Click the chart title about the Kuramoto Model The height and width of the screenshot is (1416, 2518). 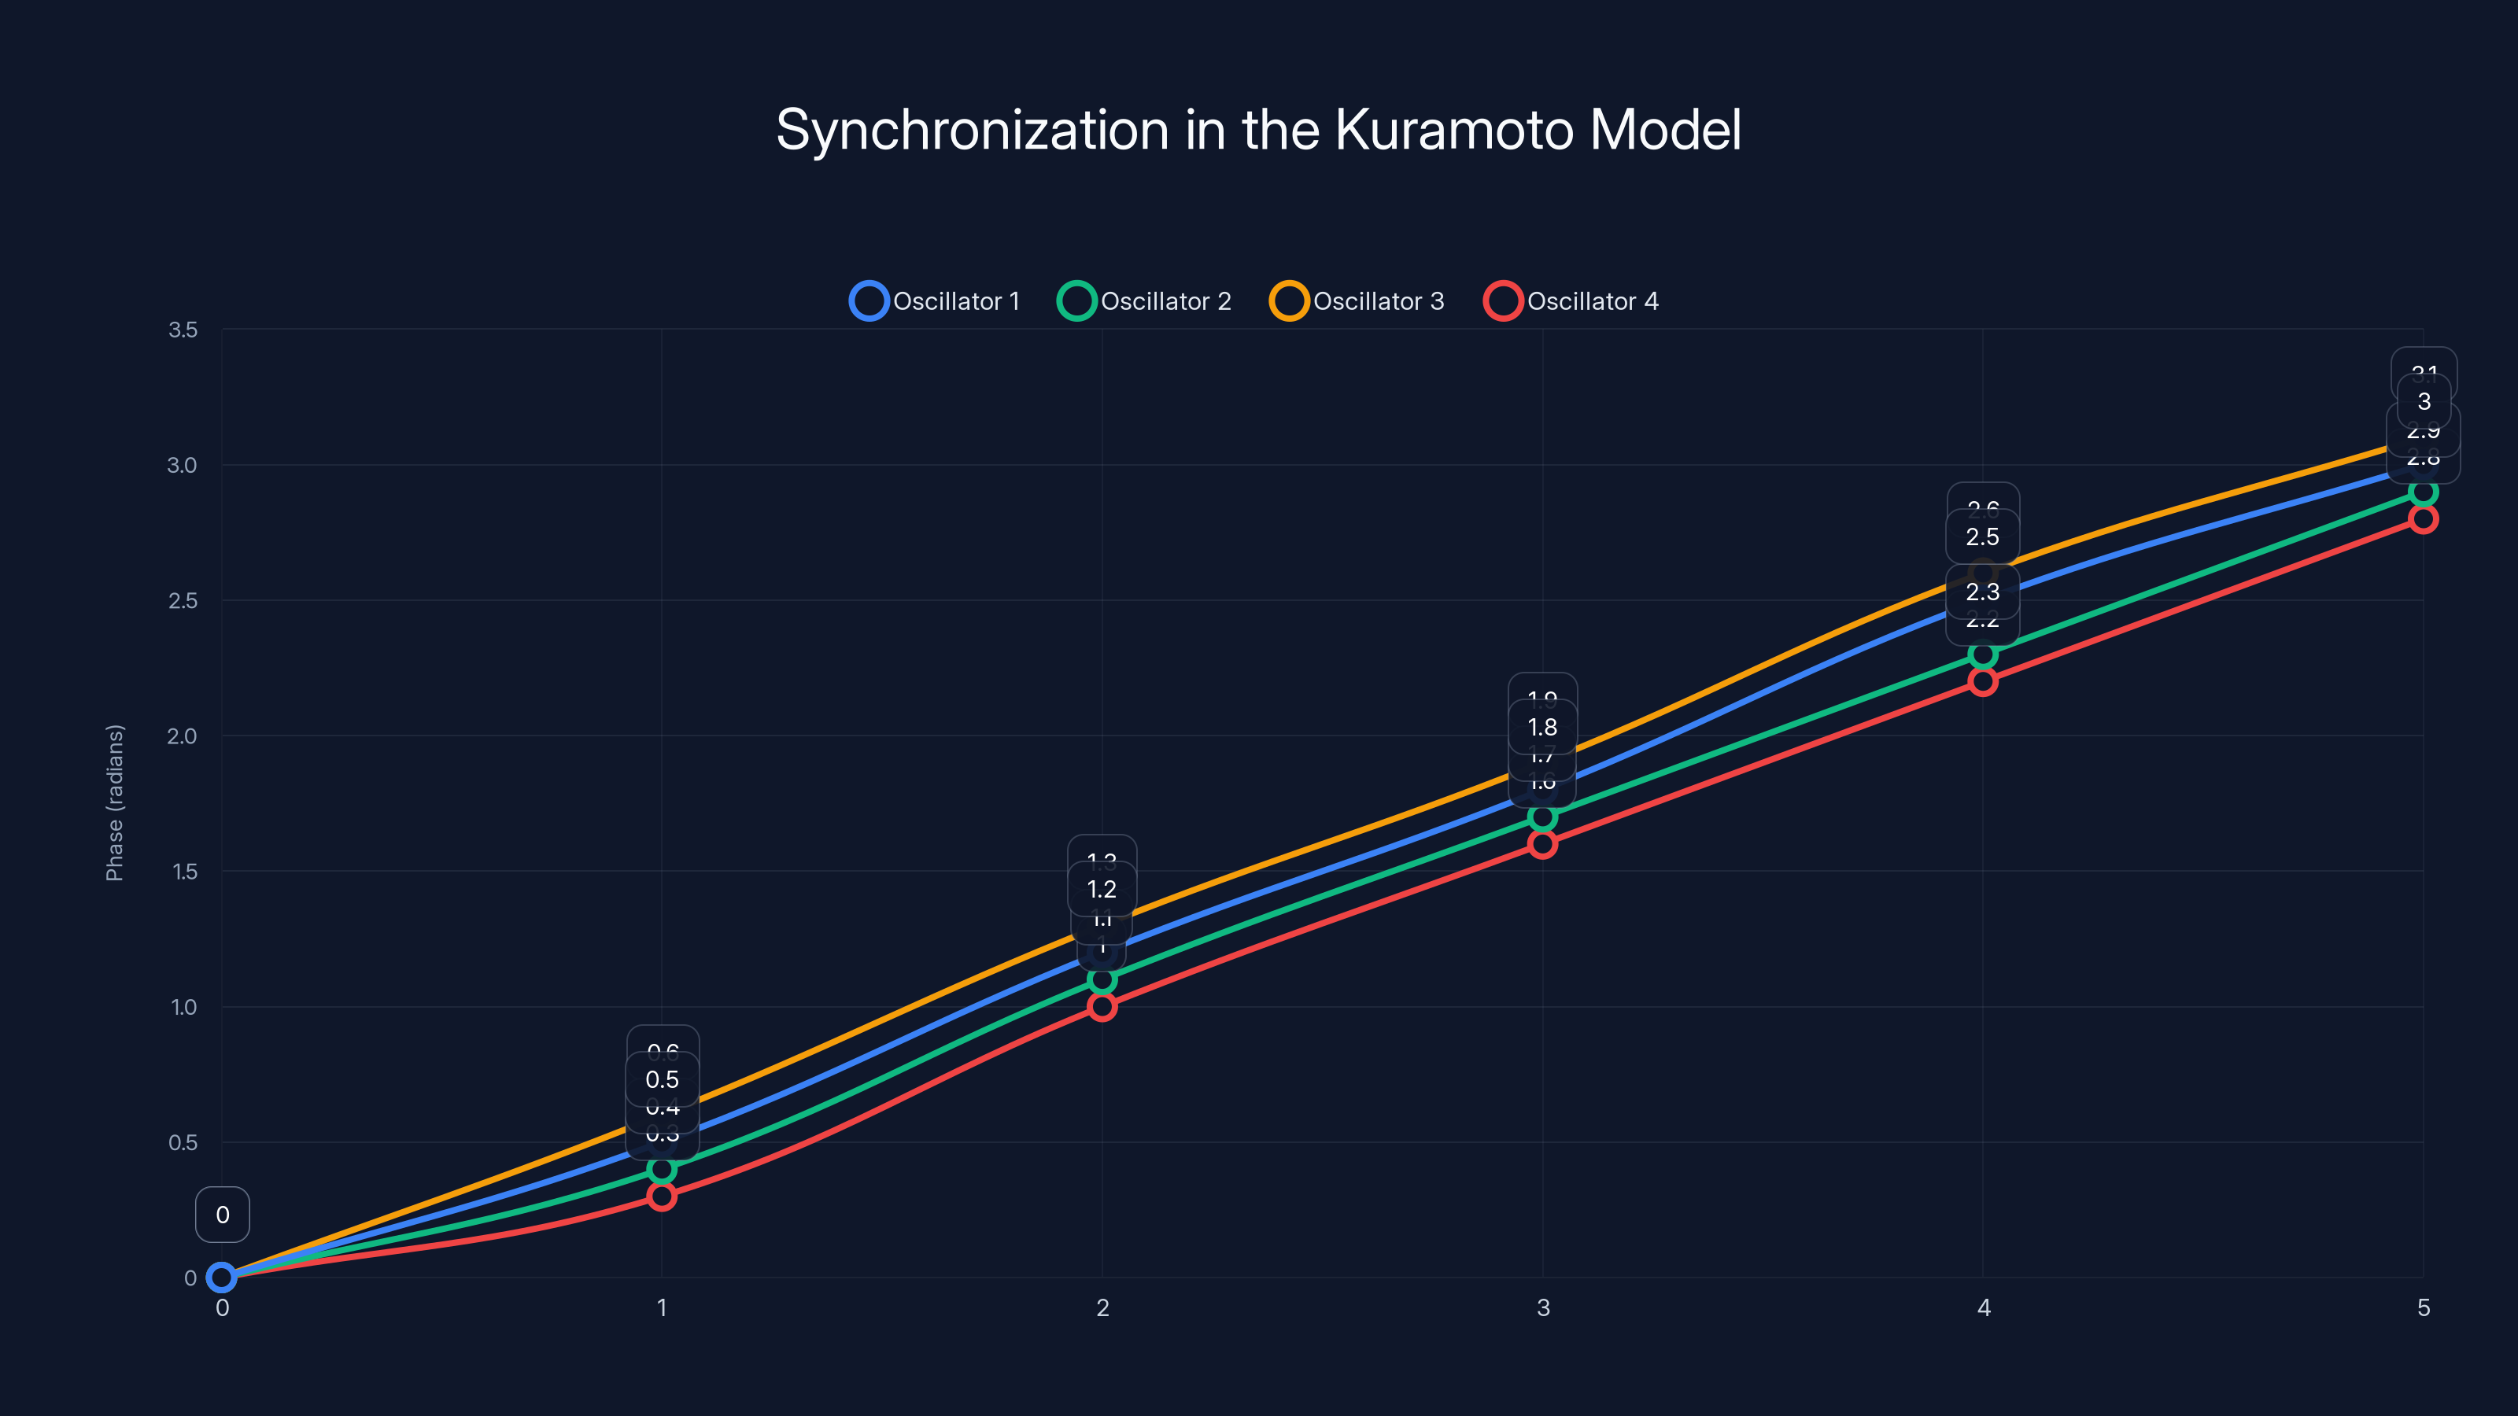click(x=1258, y=130)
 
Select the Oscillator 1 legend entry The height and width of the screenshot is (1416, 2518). click(x=936, y=301)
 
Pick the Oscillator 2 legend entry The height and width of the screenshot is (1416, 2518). click(x=1145, y=301)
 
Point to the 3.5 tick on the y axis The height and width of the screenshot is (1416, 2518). click(x=183, y=330)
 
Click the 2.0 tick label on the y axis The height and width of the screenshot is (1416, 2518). click(x=182, y=736)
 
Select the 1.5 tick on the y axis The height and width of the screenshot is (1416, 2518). click(x=185, y=872)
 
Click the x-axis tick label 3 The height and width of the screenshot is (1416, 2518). click(x=1542, y=1307)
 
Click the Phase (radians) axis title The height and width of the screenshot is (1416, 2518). click(x=114, y=802)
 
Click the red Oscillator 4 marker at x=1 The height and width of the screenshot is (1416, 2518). click(x=662, y=1196)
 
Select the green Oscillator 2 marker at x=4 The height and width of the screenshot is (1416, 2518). click(x=1982, y=654)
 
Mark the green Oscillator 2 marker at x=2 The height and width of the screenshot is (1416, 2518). click(x=1102, y=979)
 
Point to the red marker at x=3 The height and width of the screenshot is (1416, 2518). click(x=1542, y=843)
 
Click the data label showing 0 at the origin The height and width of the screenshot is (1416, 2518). click(x=223, y=1215)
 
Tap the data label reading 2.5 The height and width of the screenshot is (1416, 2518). click(x=1982, y=537)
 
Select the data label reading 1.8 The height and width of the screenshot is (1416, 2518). click(x=1542, y=727)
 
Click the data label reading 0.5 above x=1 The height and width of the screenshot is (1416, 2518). click(x=662, y=1080)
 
